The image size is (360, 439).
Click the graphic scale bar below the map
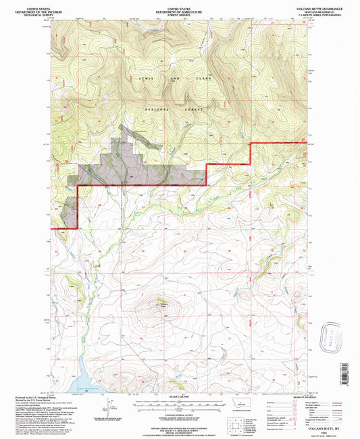(179, 403)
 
